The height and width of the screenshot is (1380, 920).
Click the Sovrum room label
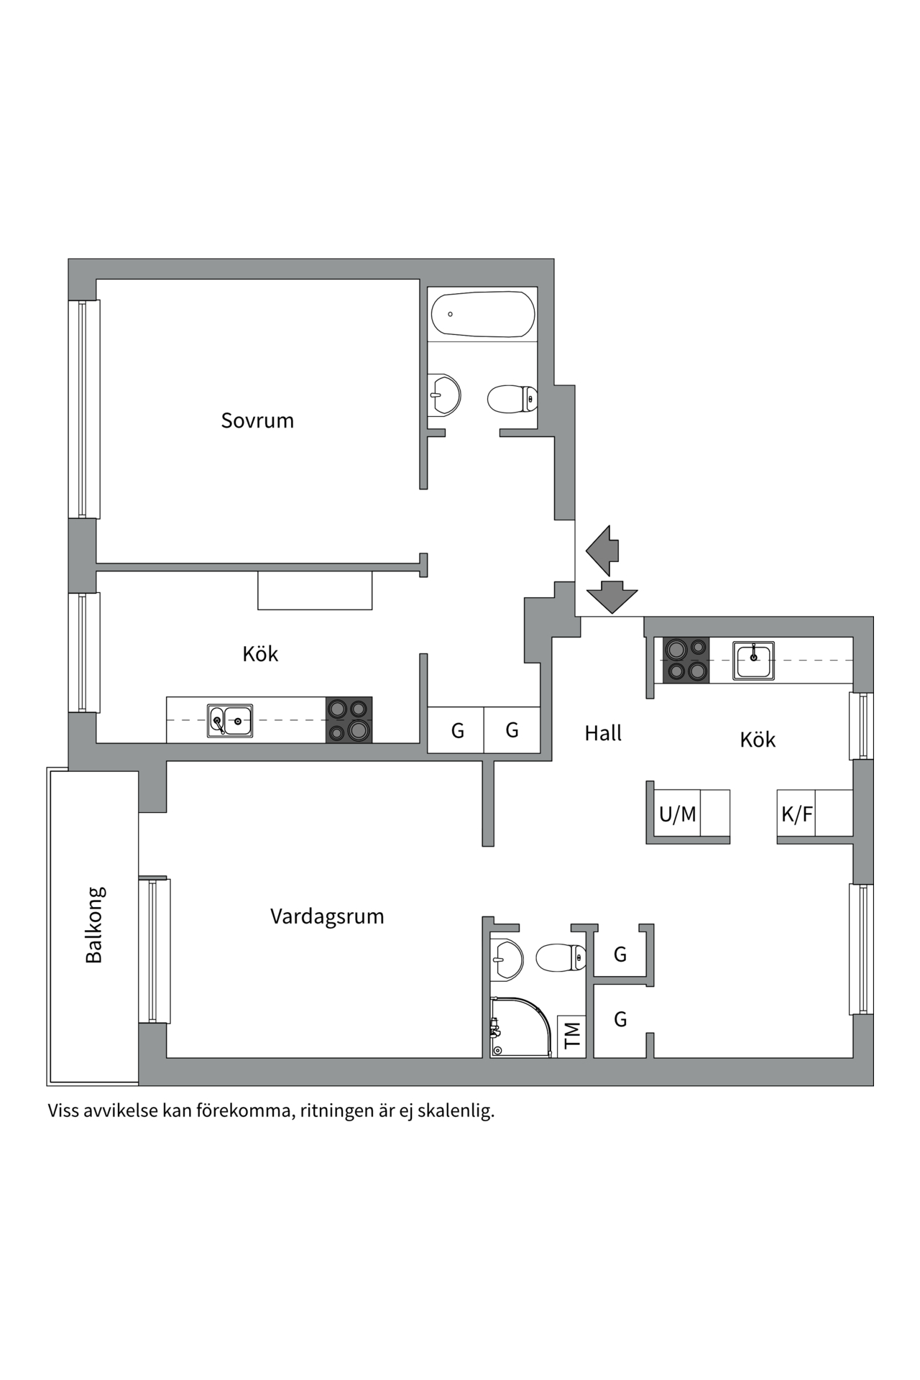click(257, 420)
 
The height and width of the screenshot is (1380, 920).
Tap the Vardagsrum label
click(327, 916)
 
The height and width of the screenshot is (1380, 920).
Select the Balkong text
click(94, 924)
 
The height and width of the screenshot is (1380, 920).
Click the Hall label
click(603, 733)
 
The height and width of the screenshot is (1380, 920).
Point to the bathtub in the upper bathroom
click(483, 314)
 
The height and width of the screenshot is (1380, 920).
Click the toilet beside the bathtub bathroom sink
click(512, 399)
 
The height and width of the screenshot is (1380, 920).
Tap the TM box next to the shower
click(572, 1036)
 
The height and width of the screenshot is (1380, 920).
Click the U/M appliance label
click(677, 814)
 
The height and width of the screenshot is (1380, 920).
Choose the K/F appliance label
click(796, 814)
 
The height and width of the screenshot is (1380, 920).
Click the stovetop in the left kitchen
click(349, 719)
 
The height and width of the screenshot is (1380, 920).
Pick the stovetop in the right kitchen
click(686, 660)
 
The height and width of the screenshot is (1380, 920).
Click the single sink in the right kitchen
click(753, 660)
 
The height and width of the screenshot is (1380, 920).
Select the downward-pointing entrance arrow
click(612, 596)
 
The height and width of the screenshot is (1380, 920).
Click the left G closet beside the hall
click(457, 731)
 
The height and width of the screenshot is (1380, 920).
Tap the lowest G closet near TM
click(620, 1019)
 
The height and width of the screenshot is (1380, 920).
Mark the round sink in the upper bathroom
click(444, 395)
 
